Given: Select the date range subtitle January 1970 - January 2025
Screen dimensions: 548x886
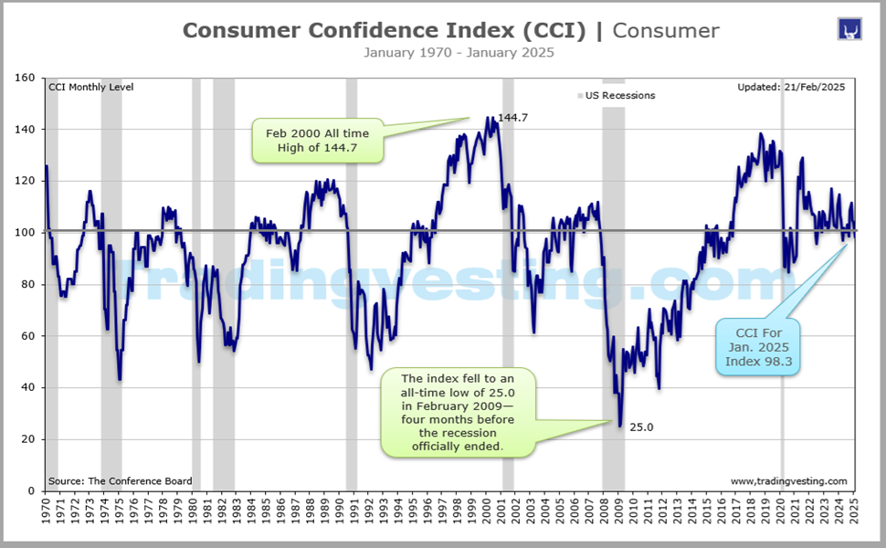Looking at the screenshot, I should pyautogui.click(x=459, y=52).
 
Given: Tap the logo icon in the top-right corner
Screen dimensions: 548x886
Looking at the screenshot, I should pyautogui.click(x=849, y=28).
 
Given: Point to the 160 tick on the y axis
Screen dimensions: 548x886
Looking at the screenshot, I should pyautogui.click(x=25, y=79).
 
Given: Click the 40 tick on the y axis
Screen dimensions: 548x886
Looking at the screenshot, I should pyautogui.click(x=27, y=388).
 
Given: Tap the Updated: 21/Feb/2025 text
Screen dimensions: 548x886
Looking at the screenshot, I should pyautogui.click(x=791, y=88).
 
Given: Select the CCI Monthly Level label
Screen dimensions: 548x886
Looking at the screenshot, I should pyautogui.click(x=90, y=88).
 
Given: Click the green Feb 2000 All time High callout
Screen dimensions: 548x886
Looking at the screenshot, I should pyautogui.click(x=317, y=142).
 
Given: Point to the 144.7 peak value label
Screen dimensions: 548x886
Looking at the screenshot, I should pyautogui.click(x=514, y=118).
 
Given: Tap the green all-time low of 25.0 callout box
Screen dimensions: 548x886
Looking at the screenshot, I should pyautogui.click(x=458, y=413).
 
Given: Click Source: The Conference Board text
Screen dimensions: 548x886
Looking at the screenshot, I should pyautogui.click(x=107, y=481).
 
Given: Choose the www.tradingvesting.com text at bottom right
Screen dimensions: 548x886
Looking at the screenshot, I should pyautogui.click(x=788, y=481).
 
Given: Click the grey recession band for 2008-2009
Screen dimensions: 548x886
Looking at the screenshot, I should pyautogui.click(x=613, y=274).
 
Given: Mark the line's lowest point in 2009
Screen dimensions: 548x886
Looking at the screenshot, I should pyautogui.click(x=620, y=426).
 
